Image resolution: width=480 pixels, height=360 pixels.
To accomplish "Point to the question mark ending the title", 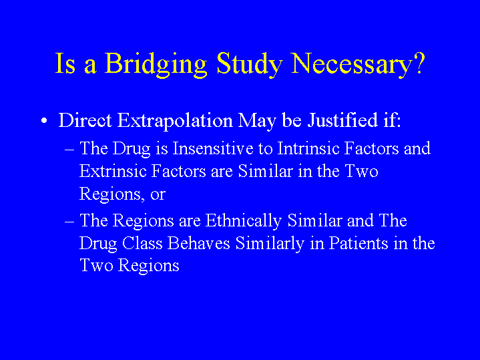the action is pyautogui.click(x=419, y=63).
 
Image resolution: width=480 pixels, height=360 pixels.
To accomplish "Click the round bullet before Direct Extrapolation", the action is pyautogui.click(x=44, y=121).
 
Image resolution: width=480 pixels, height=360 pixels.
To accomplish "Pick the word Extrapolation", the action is pyautogui.click(x=175, y=121).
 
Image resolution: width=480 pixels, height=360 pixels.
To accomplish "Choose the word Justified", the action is pyautogui.click(x=342, y=121).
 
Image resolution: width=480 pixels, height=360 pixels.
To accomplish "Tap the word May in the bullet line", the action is pyautogui.click(x=257, y=122).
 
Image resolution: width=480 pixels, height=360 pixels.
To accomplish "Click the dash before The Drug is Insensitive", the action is pyautogui.click(x=69, y=150).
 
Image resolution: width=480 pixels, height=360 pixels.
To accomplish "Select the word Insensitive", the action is pyautogui.click(x=213, y=148).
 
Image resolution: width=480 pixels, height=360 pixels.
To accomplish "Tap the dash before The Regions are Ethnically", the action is pyautogui.click(x=69, y=222).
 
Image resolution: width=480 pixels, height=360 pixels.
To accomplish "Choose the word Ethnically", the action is pyautogui.click(x=244, y=221).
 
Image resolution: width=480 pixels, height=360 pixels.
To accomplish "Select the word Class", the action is pyautogui.click(x=142, y=244).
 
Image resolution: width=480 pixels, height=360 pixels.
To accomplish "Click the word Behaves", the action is pyautogui.click(x=199, y=244).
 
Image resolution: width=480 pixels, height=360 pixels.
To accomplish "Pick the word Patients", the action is pyautogui.click(x=358, y=244).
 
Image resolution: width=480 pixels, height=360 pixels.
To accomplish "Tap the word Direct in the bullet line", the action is pyautogui.click(x=85, y=121).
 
